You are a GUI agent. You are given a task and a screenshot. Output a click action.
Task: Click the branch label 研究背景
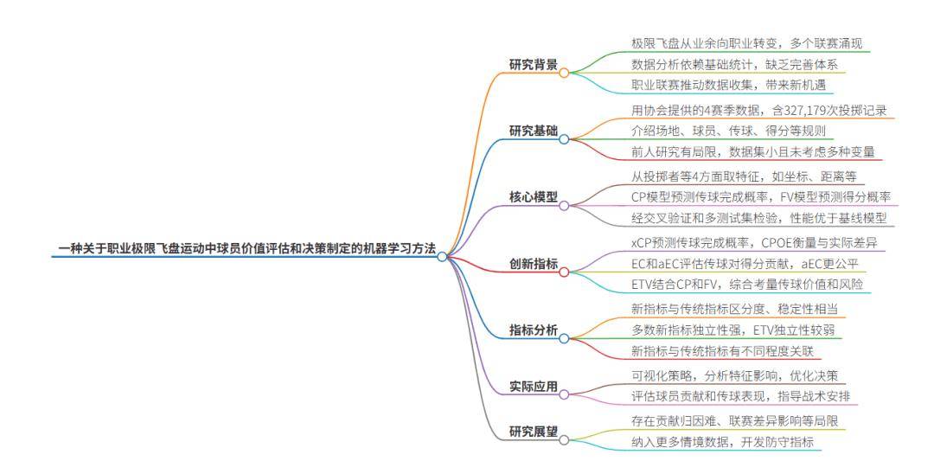533,64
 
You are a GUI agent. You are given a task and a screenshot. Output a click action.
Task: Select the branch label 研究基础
533,131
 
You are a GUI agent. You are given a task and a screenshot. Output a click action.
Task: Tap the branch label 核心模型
533,196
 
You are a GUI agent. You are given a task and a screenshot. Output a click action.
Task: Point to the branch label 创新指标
533,262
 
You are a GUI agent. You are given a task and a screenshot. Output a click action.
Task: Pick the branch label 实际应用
533,386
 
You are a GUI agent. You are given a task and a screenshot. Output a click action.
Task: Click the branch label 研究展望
533,431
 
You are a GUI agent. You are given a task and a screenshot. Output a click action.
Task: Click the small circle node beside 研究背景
564,74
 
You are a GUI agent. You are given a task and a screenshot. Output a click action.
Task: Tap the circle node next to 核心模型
564,206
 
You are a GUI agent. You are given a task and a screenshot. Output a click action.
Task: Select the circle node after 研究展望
564,439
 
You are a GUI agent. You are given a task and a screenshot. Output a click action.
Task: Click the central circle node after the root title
442,257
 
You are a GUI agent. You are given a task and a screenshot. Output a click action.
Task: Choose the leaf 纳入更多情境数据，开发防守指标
722,442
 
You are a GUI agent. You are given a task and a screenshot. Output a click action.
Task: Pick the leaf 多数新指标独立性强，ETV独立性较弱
733,330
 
